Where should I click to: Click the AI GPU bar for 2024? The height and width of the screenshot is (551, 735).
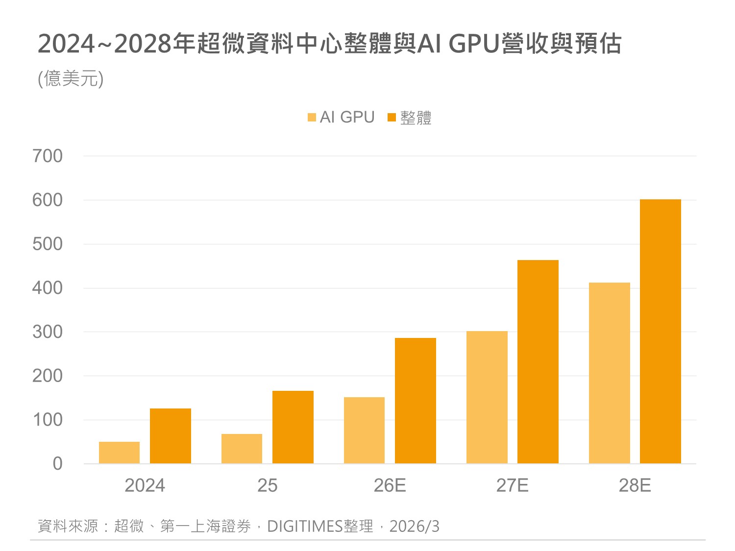pyautogui.click(x=119, y=453)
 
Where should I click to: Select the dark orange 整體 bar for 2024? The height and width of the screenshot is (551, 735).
pyautogui.click(x=170, y=436)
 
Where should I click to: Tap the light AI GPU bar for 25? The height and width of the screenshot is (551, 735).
pyautogui.click(x=242, y=449)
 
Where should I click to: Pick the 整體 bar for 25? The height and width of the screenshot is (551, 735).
pyautogui.click(x=293, y=427)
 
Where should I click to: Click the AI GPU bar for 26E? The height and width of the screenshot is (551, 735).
pyautogui.click(x=364, y=430)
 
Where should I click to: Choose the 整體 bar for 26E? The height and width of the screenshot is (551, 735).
pyautogui.click(x=415, y=401)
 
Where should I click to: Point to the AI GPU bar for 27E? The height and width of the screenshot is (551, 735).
pyautogui.click(x=487, y=397)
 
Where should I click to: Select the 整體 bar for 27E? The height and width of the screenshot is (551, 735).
pyautogui.click(x=538, y=361)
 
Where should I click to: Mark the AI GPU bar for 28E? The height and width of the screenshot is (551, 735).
pyautogui.click(x=609, y=373)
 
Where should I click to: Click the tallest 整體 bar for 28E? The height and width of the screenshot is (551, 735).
pyautogui.click(x=660, y=331)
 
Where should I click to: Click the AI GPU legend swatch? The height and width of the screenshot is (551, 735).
pyautogui.click(x=312, y=118)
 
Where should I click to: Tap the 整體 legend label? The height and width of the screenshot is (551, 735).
pyautogui.click(x=416, y=118)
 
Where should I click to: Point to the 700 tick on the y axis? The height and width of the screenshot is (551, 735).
pyautogui.click(x=48, y=156)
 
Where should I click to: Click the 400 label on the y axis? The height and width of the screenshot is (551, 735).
pyautogui.click(x=48, y=288)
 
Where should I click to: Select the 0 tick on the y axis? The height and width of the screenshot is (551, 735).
pyautogui.click(x=57, y=464)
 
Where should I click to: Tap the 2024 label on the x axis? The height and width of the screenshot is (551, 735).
pyautogui.click(x=145, y=485)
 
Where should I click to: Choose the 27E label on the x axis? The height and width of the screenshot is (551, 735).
pyautogui.click(x=512, y=485)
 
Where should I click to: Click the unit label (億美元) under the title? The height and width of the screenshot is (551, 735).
pyautogui.click(x=71, y=79)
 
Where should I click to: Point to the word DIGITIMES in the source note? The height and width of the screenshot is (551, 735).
pyautogui.click(x=304, y=527)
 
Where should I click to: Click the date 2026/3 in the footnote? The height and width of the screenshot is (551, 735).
pyautogui.click(x=414, y=527)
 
